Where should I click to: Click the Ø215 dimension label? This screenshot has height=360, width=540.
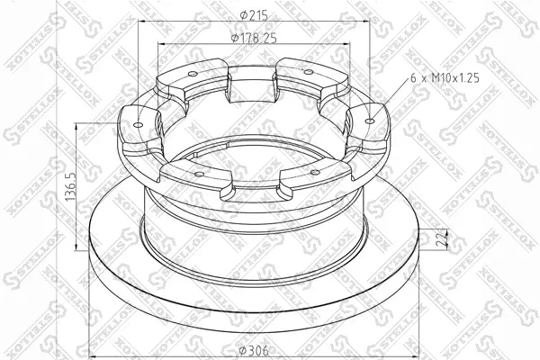[254, 15]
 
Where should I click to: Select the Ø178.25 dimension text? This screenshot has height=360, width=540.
[254, 38]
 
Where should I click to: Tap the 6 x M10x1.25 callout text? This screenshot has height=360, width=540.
[445, 78]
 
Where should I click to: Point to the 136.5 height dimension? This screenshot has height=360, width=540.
[70, 186]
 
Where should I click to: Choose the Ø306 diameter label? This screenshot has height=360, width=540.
[254, 351]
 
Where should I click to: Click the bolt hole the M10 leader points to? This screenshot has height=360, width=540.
[370, 121]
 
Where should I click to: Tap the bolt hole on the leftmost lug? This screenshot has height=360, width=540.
[138, 124]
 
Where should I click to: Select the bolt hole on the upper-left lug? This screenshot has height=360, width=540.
[193, 75]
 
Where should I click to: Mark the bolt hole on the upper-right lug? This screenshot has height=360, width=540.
[309, 72]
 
